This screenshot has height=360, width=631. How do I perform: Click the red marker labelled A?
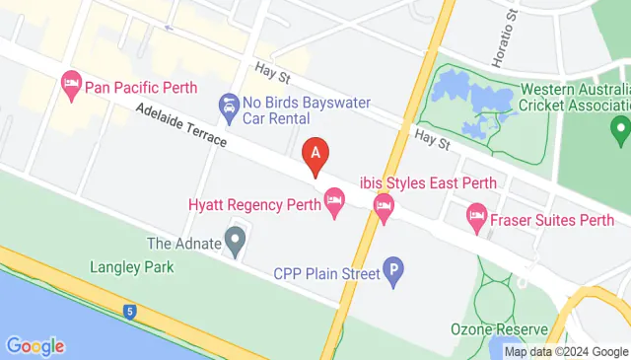pos(315,155)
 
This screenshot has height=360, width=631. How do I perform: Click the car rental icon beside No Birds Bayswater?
pos(229,107)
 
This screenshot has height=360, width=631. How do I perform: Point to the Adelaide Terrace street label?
pos(181,127)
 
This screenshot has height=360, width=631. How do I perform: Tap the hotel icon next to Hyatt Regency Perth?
pos(335,205)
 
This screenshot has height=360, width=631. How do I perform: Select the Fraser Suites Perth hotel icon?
pos(477,215)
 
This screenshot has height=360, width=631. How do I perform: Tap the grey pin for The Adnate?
pos(235,240)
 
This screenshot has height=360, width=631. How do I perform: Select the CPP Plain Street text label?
pos(326,273)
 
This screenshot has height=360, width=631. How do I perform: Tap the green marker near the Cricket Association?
pos(619,127)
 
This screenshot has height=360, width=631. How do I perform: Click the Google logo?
pos(35,346)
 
